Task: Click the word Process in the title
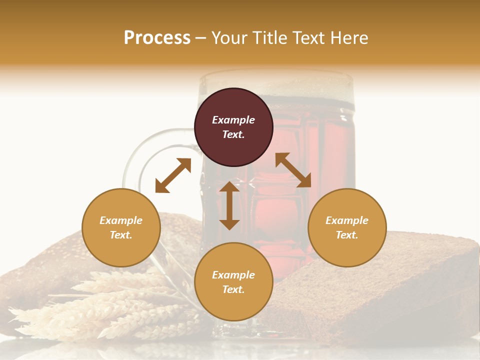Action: tap(157, 38)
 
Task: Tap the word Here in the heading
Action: tap(348, 38)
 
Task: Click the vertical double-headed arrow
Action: tap(229, 205)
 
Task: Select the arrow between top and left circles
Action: tap(173, 175)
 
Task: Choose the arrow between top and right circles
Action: tap(293, 170)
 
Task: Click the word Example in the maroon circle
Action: tap(233, 120)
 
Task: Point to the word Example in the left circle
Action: tap(121, 220)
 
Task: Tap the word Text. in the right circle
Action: tap(347, 235)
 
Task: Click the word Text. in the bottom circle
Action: tap(233, 289)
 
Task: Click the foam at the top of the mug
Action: tap(300, 82)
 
